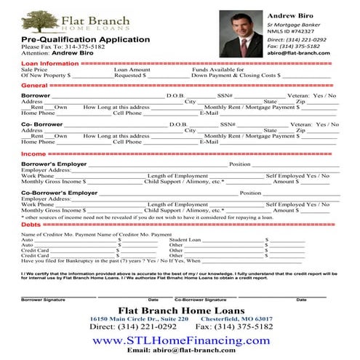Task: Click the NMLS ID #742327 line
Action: click(292, 31)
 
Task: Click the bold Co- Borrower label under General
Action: click(44, 124)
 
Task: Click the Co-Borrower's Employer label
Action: click(59, 193)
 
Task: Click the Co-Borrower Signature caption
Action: click(200, 300)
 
